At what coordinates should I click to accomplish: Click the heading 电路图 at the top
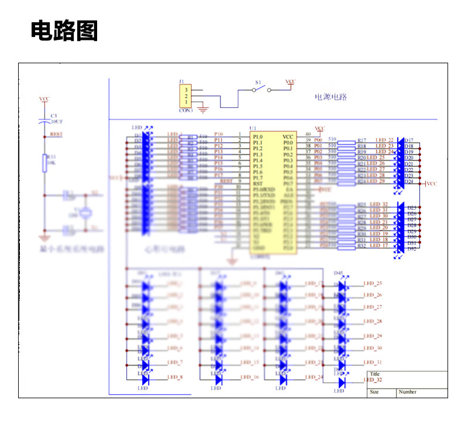[64, 30]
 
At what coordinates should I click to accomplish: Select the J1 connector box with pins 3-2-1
[186, 96]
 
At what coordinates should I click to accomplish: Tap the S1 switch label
[258, 83]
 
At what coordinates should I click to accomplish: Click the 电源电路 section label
[331, 97]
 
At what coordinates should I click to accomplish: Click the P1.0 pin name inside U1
[258, 136]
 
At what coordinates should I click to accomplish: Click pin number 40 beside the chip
[308, 135]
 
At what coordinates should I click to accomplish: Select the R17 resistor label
[362, 141]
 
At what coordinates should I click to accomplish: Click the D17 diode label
[409, 141]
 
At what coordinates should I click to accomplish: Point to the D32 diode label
[412, 249]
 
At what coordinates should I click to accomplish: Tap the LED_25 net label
[373, 283]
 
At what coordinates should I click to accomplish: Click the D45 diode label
[338, 273]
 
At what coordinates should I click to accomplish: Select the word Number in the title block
[408, 392]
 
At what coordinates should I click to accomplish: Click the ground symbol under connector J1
[203, 108]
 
